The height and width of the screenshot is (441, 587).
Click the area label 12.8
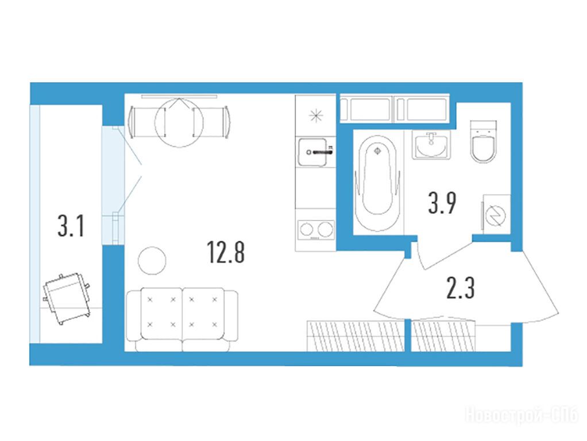click(226, 252)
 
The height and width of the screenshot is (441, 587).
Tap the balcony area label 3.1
click(71, 226)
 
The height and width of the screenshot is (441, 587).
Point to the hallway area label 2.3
click(461, 288)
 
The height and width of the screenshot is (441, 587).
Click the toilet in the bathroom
click(483, 142)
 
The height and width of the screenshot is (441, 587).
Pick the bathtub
click(377, 183)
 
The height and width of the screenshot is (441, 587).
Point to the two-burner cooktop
click(315, 230)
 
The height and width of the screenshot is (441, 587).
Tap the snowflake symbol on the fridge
click(315, 115)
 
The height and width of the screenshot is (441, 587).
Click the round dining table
click(179, 123)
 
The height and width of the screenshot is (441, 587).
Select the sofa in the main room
click(182, 319)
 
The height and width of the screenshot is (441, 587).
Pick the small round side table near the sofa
click(152, 261)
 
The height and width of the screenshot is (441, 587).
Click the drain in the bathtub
click(378, 150)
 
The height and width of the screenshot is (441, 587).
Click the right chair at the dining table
click(211, 122)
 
